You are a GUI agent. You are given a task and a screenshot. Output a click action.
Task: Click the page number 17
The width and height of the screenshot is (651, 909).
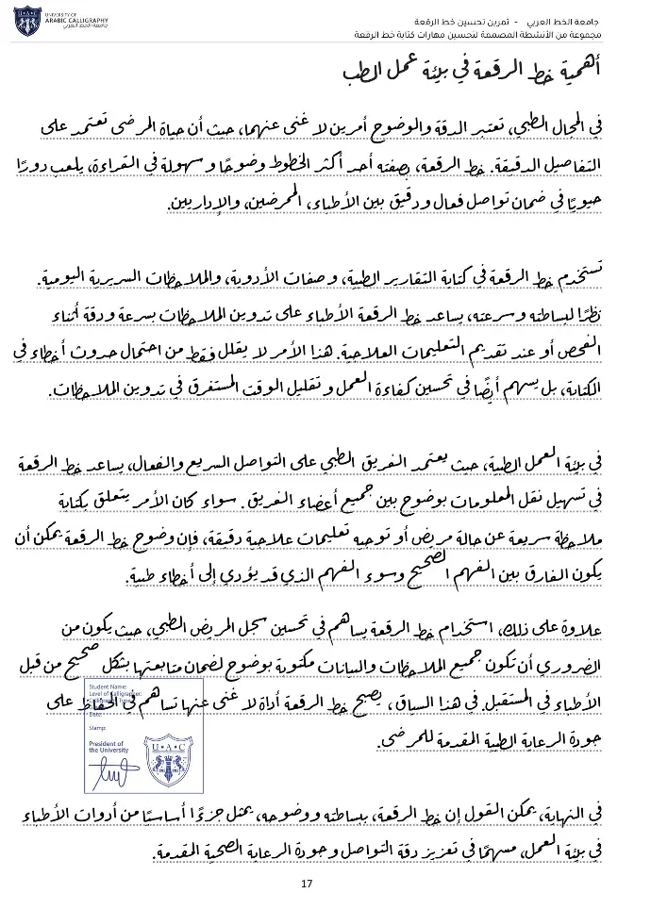pyautogui.click(x=306, y=884)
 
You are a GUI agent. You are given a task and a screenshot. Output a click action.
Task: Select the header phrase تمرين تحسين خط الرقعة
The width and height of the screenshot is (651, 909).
pyautogui.click(x=471, y=21)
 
